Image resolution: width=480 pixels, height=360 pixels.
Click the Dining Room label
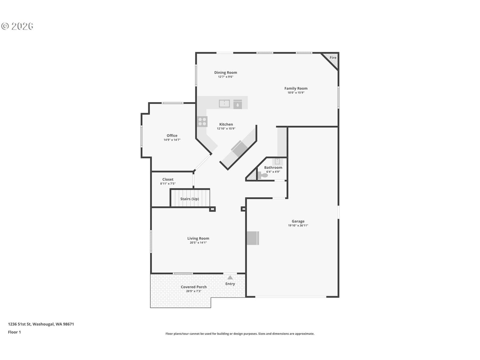click(x=226, y=72)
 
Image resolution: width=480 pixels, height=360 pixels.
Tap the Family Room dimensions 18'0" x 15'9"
click(x=296, y=92)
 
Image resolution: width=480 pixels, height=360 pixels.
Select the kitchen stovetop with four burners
click(x=202, y=121)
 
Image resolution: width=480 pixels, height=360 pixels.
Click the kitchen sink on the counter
click(x=224, y=103)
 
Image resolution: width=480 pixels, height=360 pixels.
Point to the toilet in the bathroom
click(x=263, y=175)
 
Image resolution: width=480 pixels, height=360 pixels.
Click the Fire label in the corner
click(x=333, y=58)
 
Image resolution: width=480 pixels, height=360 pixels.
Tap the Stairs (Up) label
click(x=189, y=199)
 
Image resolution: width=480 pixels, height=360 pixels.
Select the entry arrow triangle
click(x=230, y=277)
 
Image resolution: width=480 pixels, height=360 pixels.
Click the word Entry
click(x=230, y=284)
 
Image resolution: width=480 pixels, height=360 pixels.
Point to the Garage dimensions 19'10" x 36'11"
click(x=298, y=225)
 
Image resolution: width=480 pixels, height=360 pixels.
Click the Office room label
click(x=172, y=136)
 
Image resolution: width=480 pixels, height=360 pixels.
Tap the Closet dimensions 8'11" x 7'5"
click(x=168, y=184)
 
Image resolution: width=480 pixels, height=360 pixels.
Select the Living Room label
click(x=198, y=238)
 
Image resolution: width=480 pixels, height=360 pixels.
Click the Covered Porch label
click(x=193, y=287)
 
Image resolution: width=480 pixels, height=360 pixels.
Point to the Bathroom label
click(x=273, y=167)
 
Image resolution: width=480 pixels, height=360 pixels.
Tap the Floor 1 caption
click(x=14, y=332)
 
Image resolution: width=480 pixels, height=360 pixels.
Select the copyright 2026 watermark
click(x=17, y=26)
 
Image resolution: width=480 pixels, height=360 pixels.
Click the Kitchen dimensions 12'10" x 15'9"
click(x=226, y=128)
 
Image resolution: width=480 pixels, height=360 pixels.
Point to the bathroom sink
click(x=277, y=161)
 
